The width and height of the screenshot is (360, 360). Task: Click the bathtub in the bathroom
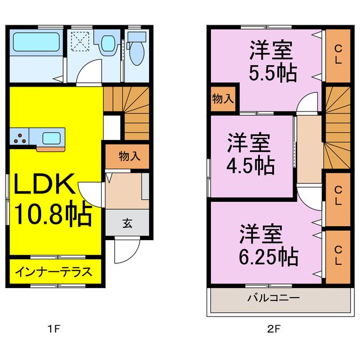[x=35, y=43]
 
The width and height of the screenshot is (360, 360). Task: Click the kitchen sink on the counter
[x=52, y=137]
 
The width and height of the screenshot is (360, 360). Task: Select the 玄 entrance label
[x=128, y=223]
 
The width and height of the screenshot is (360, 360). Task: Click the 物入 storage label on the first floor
[x=129, y=156]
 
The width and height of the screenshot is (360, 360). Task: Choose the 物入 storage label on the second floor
[x=223, y=99]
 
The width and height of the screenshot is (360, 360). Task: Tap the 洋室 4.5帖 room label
[x=249, y=153]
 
